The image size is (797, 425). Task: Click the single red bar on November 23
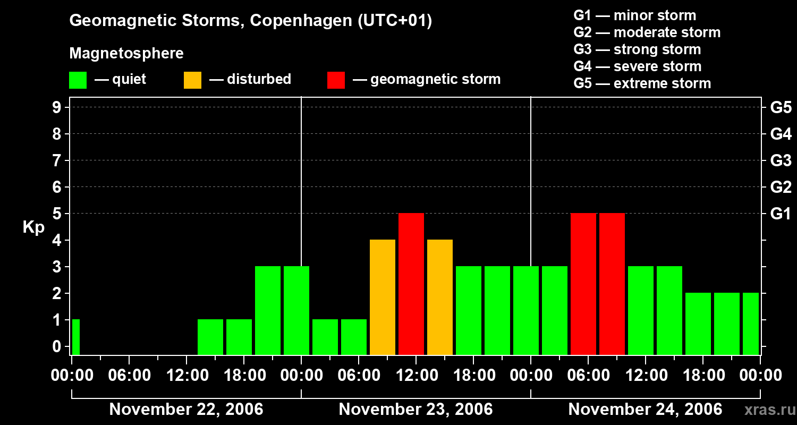[x=411, y=284]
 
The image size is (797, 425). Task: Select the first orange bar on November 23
[x=383, y=297]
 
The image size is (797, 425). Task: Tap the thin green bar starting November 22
[x=76, y=337]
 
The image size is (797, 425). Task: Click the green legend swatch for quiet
[x=78, y=80]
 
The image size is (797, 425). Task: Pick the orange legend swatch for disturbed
[x=192, y=80]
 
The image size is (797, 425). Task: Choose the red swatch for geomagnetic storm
[x=336, y=80]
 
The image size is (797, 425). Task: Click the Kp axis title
[x=33, y=228]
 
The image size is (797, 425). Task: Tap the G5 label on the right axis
[x=781, y=108]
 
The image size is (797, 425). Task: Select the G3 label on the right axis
[x=781, y=160]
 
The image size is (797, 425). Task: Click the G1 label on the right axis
[x=781, y=214]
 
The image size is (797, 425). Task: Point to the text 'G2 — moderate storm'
[x=647, y=32]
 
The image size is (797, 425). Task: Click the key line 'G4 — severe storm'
[x=637, y=66]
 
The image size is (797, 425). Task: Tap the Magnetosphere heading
[x=126, y=54]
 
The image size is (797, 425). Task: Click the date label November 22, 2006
[x=186, y=410]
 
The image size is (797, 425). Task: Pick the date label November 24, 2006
[x=645, y=410]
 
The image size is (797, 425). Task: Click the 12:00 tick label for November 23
[x=416, y=375]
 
